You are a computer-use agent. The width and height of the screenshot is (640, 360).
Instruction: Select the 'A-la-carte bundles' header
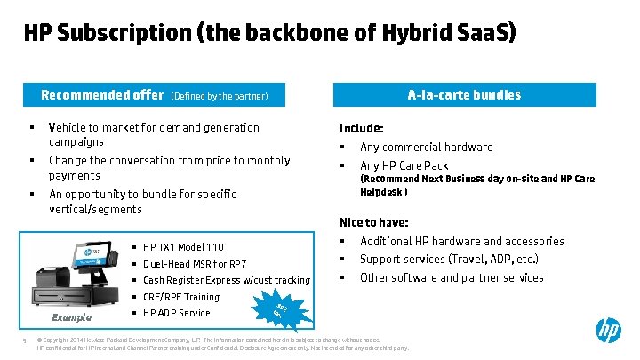click(x=464, y=95)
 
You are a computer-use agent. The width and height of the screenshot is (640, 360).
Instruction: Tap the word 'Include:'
click(x=362, y=128)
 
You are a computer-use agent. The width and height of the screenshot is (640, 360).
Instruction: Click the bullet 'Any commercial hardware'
click(x=426, y=148)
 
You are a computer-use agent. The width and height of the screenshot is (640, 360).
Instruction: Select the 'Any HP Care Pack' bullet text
click(x=404, y=165)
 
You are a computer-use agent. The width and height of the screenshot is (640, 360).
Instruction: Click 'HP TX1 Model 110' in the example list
click(x=183, y=247)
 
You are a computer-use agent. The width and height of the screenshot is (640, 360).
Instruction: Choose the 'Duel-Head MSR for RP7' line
click(x=195, y=264)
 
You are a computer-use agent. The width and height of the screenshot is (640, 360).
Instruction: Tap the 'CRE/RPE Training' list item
click(x=180, y=297)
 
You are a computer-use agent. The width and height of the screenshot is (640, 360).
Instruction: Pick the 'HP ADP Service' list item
click(x=176, y=313)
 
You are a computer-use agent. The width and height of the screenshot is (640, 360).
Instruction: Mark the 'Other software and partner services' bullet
click(x=451, y=277)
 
